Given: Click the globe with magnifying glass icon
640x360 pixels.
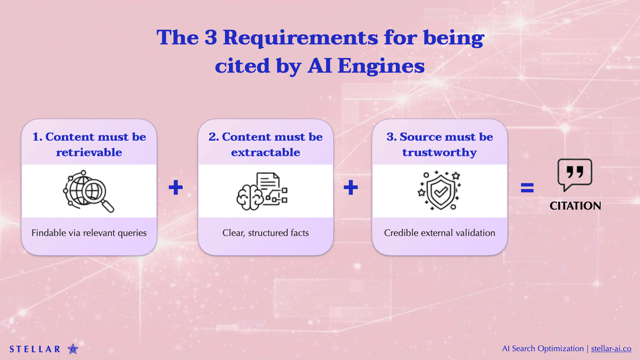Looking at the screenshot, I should pyautogui.click(x=89, y=190).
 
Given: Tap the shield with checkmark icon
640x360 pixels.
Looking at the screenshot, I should pyautogui.click(x=438, y=190).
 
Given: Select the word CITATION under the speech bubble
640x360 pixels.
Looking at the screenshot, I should pyautogui.click(x=575, y=206).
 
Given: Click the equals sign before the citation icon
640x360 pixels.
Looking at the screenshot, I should pyautogui.click(x=527, y=187).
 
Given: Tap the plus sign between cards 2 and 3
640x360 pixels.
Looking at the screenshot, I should pyautogui.click(x=350, y=188).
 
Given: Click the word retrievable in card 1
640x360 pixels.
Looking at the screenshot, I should pyautogui.click(x=89, y=153).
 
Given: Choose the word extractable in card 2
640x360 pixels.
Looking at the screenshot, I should pyautogui.click(x=266, y=153).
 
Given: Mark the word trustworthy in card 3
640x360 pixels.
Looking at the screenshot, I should pyautogui.click(x=439, y=153).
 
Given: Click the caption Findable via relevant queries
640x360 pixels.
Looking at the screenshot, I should pyautogui.click(x=89, y=233).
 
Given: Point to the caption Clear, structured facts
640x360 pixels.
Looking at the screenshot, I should pyautogui.click(x=266, y=233).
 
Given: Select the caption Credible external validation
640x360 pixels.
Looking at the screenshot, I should pyautogui.click(x=439, y=233).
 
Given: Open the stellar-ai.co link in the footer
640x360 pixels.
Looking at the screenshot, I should pyautogui.click(x=612, y=348).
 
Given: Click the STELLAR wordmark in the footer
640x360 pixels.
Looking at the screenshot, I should pyautogui.click(x=35, y=349).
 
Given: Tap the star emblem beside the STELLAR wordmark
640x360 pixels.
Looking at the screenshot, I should pyautogui.click(x=73, y=349).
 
